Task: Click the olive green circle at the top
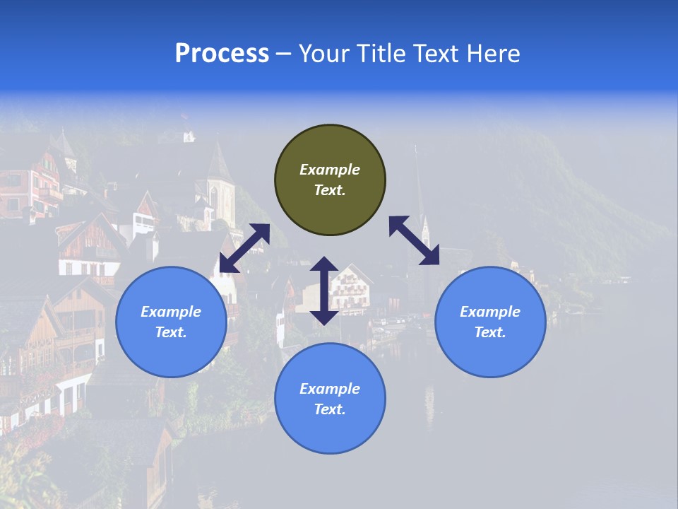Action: coord(330,180)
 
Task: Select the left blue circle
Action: coord(171,322)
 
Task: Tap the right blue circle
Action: coord(490,322)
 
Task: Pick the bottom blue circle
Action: coord(330,399)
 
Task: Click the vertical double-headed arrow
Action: coord(324,291)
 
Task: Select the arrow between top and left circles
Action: coord(244,248)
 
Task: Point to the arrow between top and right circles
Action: coord(415,240)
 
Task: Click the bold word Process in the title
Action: coord(222,54)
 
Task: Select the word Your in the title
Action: coord(323,54)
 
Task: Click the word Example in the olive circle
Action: coord(330,170)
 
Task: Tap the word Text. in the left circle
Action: coord(171,332)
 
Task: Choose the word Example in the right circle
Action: coord(490,312)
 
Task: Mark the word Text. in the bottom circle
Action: coord(330,409)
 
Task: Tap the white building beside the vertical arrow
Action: coord(351,286)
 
